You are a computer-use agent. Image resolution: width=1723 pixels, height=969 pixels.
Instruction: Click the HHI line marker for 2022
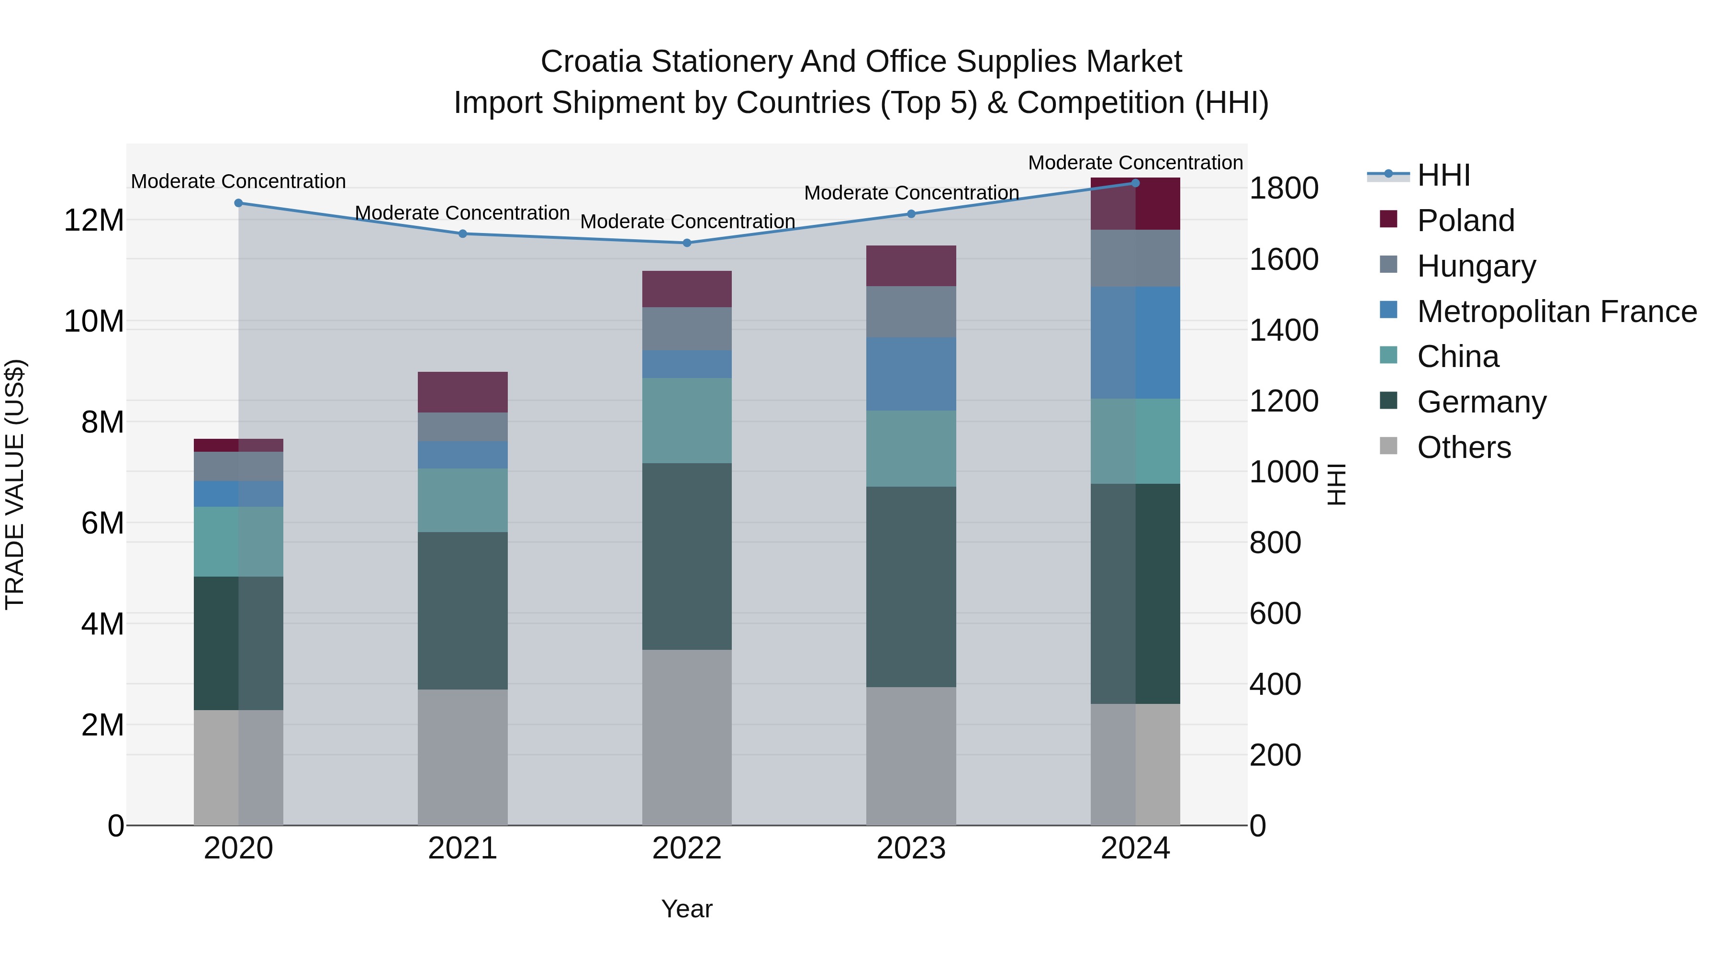[x=686, y=243]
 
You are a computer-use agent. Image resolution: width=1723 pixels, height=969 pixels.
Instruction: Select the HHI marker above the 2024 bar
[x=1135, y=183]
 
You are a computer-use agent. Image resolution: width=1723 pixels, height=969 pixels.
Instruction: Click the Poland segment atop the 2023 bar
[x=910, y=266]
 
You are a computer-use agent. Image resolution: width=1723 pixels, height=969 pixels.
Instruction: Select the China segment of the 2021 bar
[x=462, y=500]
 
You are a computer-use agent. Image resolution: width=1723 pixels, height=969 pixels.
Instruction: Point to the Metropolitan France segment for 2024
[x=1135, y=343]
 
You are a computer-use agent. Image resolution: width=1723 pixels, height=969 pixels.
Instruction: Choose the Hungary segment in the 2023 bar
[x=910, y=312]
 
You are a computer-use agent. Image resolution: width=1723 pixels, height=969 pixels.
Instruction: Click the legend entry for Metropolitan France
[x=1556, y=312]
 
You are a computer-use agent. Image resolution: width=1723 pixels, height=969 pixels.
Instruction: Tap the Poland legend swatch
[x=1388, y=219]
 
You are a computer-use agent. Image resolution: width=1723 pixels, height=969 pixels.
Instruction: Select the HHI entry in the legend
[x=1443, y=175]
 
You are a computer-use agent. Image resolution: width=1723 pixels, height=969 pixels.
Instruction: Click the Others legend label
[x=1464, y=447]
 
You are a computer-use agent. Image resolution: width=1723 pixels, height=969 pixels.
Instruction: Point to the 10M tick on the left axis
[x=94, y=322]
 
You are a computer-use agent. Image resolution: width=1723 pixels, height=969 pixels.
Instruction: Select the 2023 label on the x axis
[x=910, y=848]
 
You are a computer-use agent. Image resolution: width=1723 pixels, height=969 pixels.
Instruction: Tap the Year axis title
[x=686, y=909]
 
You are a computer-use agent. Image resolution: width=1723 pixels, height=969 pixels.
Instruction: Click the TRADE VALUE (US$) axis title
[x=15, y=484]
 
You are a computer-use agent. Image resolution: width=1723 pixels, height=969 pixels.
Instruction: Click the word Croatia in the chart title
[x=591, y=62]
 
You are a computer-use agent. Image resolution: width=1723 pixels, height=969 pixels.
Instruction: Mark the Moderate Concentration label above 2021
[x=462, y=212]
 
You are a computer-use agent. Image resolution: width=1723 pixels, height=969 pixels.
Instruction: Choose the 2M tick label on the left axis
[x=101, y=725]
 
